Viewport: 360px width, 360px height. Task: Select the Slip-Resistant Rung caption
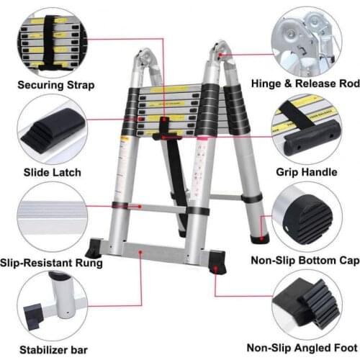point(61,262)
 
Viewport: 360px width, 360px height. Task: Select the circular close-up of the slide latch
point(49,130)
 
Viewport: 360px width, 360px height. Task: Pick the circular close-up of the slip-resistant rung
point(49,217)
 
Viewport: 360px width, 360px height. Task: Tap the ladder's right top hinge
point(220,54)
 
